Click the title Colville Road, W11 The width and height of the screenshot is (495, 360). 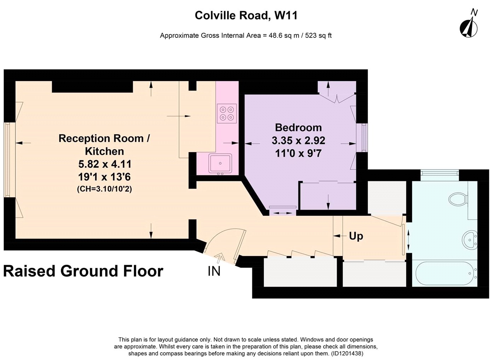[246, 16]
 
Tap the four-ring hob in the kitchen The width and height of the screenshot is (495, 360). [227, 114]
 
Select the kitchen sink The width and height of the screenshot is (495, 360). [220, 163]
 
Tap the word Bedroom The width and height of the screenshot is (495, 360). [298, 128]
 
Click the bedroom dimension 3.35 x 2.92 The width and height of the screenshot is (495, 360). [298, 140]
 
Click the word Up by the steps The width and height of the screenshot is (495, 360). [356, 236]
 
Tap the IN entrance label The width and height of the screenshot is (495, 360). [214, 271]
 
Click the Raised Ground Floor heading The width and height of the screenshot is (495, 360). [83, 271]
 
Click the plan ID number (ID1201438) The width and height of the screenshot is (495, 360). [347, 353]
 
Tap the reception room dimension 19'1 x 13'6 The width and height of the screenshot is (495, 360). [105, 177]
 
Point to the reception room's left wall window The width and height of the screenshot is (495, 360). [8, 160]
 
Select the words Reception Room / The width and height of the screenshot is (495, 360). [104, 139]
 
